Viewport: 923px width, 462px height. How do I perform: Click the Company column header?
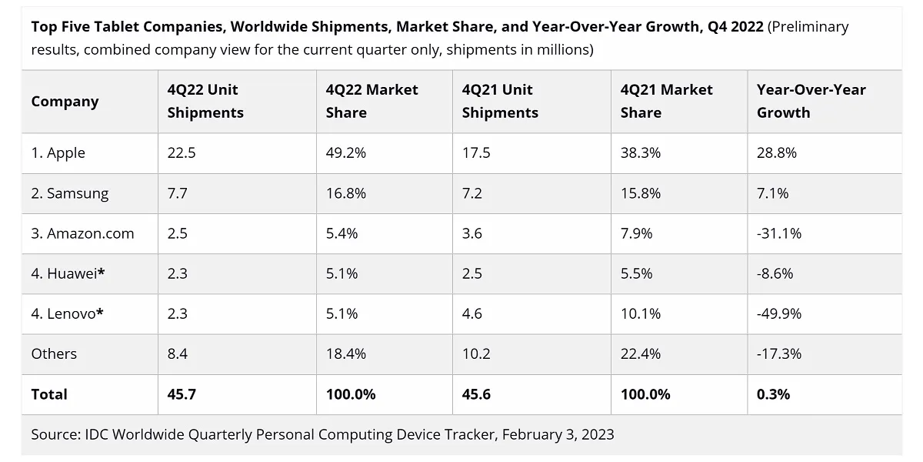pyautogui.click(x=65, y=102)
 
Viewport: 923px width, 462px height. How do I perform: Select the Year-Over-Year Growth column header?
pyautogui.click(x=811, y=101)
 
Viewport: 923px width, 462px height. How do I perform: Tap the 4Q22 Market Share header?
pyautogui.click(x=372, y=101)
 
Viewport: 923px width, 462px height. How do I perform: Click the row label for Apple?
pyautogui.click(x=58, y=153)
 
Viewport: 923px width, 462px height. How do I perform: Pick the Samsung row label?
pyautogui.click(x=70, y=193)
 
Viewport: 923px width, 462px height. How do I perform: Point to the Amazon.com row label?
pyautogui.click(x=82, y=233)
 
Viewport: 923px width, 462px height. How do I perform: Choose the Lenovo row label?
pyautogui.click(x=67, y=314)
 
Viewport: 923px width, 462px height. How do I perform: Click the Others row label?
pyautogui.click(x=54, y=354)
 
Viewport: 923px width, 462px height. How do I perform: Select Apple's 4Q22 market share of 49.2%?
pyautogui.click(x=345, y=153)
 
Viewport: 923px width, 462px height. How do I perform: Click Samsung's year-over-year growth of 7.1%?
pyautogui.click(x=772, y=193)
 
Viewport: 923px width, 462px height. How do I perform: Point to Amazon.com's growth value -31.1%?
pyautogui.click(x=778, y=233)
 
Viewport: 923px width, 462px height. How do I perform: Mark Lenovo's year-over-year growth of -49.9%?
pyautogui.click(x=778, y=314)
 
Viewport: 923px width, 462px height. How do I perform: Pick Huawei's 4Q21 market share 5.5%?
pyautogui.click(x=636, y=273)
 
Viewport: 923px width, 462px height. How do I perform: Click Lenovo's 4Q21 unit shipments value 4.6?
pyautogui.click(x=471, y=314)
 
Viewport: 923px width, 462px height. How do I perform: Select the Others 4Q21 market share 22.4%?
pyautogui.click(x=640, y=354)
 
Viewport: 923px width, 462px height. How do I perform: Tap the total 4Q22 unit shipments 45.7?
pyautogui.click(x=182, y=394)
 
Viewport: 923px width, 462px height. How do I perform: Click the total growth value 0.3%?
pyautogui.click(x=773, y=394)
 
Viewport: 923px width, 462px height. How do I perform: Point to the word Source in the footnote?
pyautogui.click(x=56, y=434)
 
